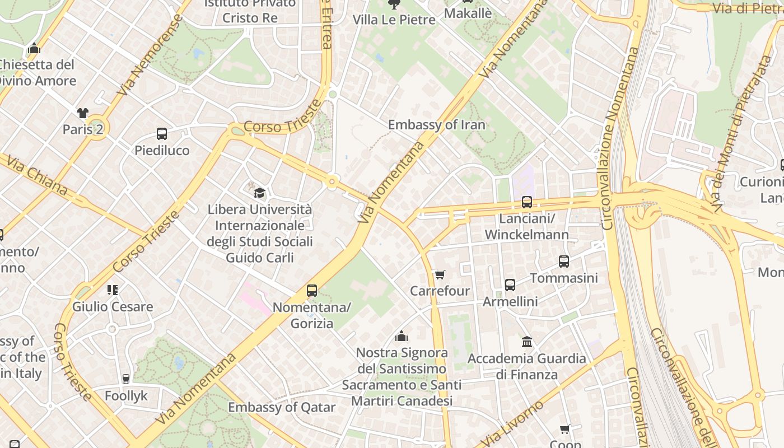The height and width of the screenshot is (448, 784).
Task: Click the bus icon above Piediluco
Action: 162,134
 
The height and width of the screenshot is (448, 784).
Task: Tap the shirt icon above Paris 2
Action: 83,113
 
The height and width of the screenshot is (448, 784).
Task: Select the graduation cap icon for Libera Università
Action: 259,193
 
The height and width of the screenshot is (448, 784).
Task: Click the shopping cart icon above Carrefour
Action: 440,274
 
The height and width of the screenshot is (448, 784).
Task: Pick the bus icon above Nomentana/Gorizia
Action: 312,291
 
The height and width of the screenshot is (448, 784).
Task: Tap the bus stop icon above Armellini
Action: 510,285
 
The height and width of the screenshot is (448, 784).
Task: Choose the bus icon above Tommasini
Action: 564,262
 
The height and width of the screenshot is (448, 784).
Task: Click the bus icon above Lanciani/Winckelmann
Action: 526,202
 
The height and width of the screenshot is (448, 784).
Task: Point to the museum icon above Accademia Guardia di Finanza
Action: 526,342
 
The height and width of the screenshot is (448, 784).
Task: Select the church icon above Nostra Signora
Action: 402,336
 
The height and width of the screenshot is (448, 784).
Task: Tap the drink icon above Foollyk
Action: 126,379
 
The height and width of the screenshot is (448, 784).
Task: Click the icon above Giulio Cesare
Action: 113,290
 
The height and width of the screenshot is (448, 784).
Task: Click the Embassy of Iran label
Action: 437,124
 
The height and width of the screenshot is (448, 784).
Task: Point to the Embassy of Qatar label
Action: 282,407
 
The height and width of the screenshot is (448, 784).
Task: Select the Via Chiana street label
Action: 37,175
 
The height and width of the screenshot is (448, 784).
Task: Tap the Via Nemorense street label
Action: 150,55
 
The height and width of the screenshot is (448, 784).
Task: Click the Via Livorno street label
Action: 513,423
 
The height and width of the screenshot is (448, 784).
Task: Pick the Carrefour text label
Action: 440,291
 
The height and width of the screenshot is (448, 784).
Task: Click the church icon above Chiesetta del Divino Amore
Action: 34,49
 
